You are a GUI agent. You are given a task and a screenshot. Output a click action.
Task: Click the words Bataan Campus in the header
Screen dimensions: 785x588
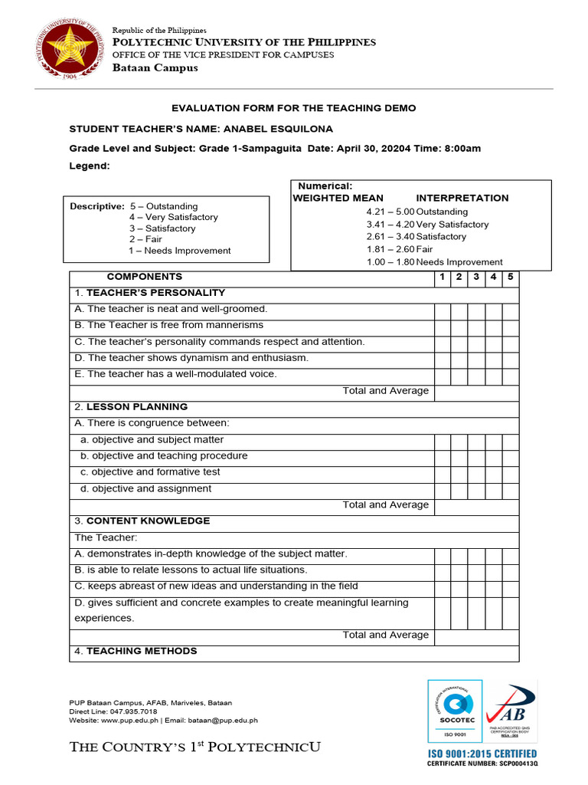(155, 68)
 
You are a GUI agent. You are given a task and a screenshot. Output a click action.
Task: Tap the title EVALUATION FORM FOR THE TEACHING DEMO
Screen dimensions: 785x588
(293, 108)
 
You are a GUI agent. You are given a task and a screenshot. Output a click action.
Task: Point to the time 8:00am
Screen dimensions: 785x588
(462, 148)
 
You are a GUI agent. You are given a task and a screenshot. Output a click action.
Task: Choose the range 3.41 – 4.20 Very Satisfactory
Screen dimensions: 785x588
(427, 225)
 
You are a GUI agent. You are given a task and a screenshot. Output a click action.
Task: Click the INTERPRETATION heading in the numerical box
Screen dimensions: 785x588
(462, 198)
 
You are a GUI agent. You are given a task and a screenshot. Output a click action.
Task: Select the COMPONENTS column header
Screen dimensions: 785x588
(144, 277)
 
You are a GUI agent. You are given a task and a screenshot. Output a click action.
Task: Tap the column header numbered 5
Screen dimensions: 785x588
(511, 277)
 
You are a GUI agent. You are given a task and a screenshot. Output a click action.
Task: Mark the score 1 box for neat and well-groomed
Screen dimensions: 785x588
(443, 310)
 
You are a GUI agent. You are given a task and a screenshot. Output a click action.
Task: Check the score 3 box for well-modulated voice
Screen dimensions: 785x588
(476, 374)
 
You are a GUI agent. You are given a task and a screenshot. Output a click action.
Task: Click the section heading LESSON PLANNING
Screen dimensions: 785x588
(137, 407)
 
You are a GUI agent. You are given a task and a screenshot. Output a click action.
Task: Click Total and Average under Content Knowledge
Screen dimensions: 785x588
(386, 635)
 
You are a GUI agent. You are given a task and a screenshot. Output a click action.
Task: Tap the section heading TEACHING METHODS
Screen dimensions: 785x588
(142, 651)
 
